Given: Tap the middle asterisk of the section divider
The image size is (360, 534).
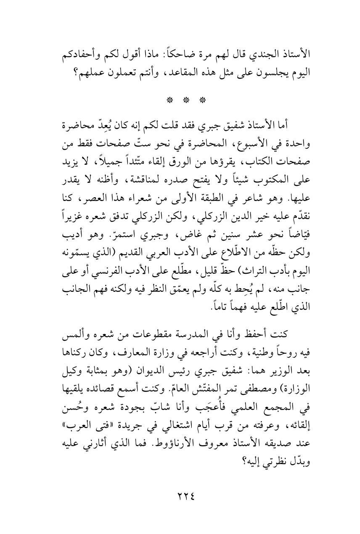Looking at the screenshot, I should click(x=180, y=100).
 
